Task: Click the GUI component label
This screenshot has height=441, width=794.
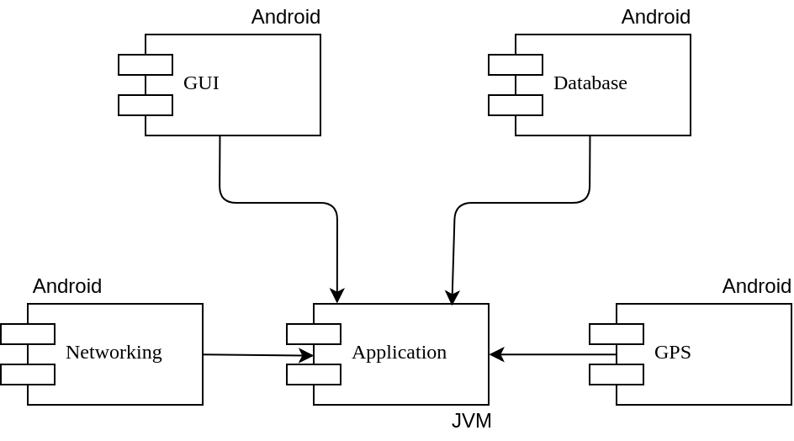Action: (x=201, y=83)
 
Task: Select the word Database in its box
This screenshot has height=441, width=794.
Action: (x=590, y=83)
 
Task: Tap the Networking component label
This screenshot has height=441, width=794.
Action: (x=114, y=353)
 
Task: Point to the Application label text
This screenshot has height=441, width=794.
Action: (x=399, y=353)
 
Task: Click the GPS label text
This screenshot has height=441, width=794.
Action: (x=672, y=353)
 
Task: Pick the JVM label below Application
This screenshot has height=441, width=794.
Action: (x=471, y=421)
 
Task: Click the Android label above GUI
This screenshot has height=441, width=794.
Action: (x=286, y=17)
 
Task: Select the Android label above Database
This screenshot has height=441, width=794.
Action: (x=656, y=17)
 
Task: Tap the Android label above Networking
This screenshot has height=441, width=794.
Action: (x=67, y=286)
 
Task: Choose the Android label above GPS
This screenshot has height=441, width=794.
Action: (x=757, y=286)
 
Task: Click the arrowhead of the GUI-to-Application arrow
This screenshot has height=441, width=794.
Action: (x=337, y=296)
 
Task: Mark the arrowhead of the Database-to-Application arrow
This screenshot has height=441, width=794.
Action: (x=453, y=298)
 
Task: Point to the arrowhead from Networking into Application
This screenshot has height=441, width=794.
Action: (x=307, y=356)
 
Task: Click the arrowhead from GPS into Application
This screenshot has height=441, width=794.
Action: (x=496, y=354)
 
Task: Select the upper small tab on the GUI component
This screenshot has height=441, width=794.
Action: (x=146, y=65)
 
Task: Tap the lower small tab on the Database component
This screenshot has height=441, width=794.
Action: (x=516, y=105)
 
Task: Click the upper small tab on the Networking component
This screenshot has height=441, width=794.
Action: (x=28, y=334)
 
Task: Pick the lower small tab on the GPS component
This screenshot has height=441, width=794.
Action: (x=617, y=375)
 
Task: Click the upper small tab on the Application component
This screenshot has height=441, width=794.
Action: (x=314, y=334)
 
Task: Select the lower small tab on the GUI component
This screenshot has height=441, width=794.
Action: (x=146, y=105)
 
